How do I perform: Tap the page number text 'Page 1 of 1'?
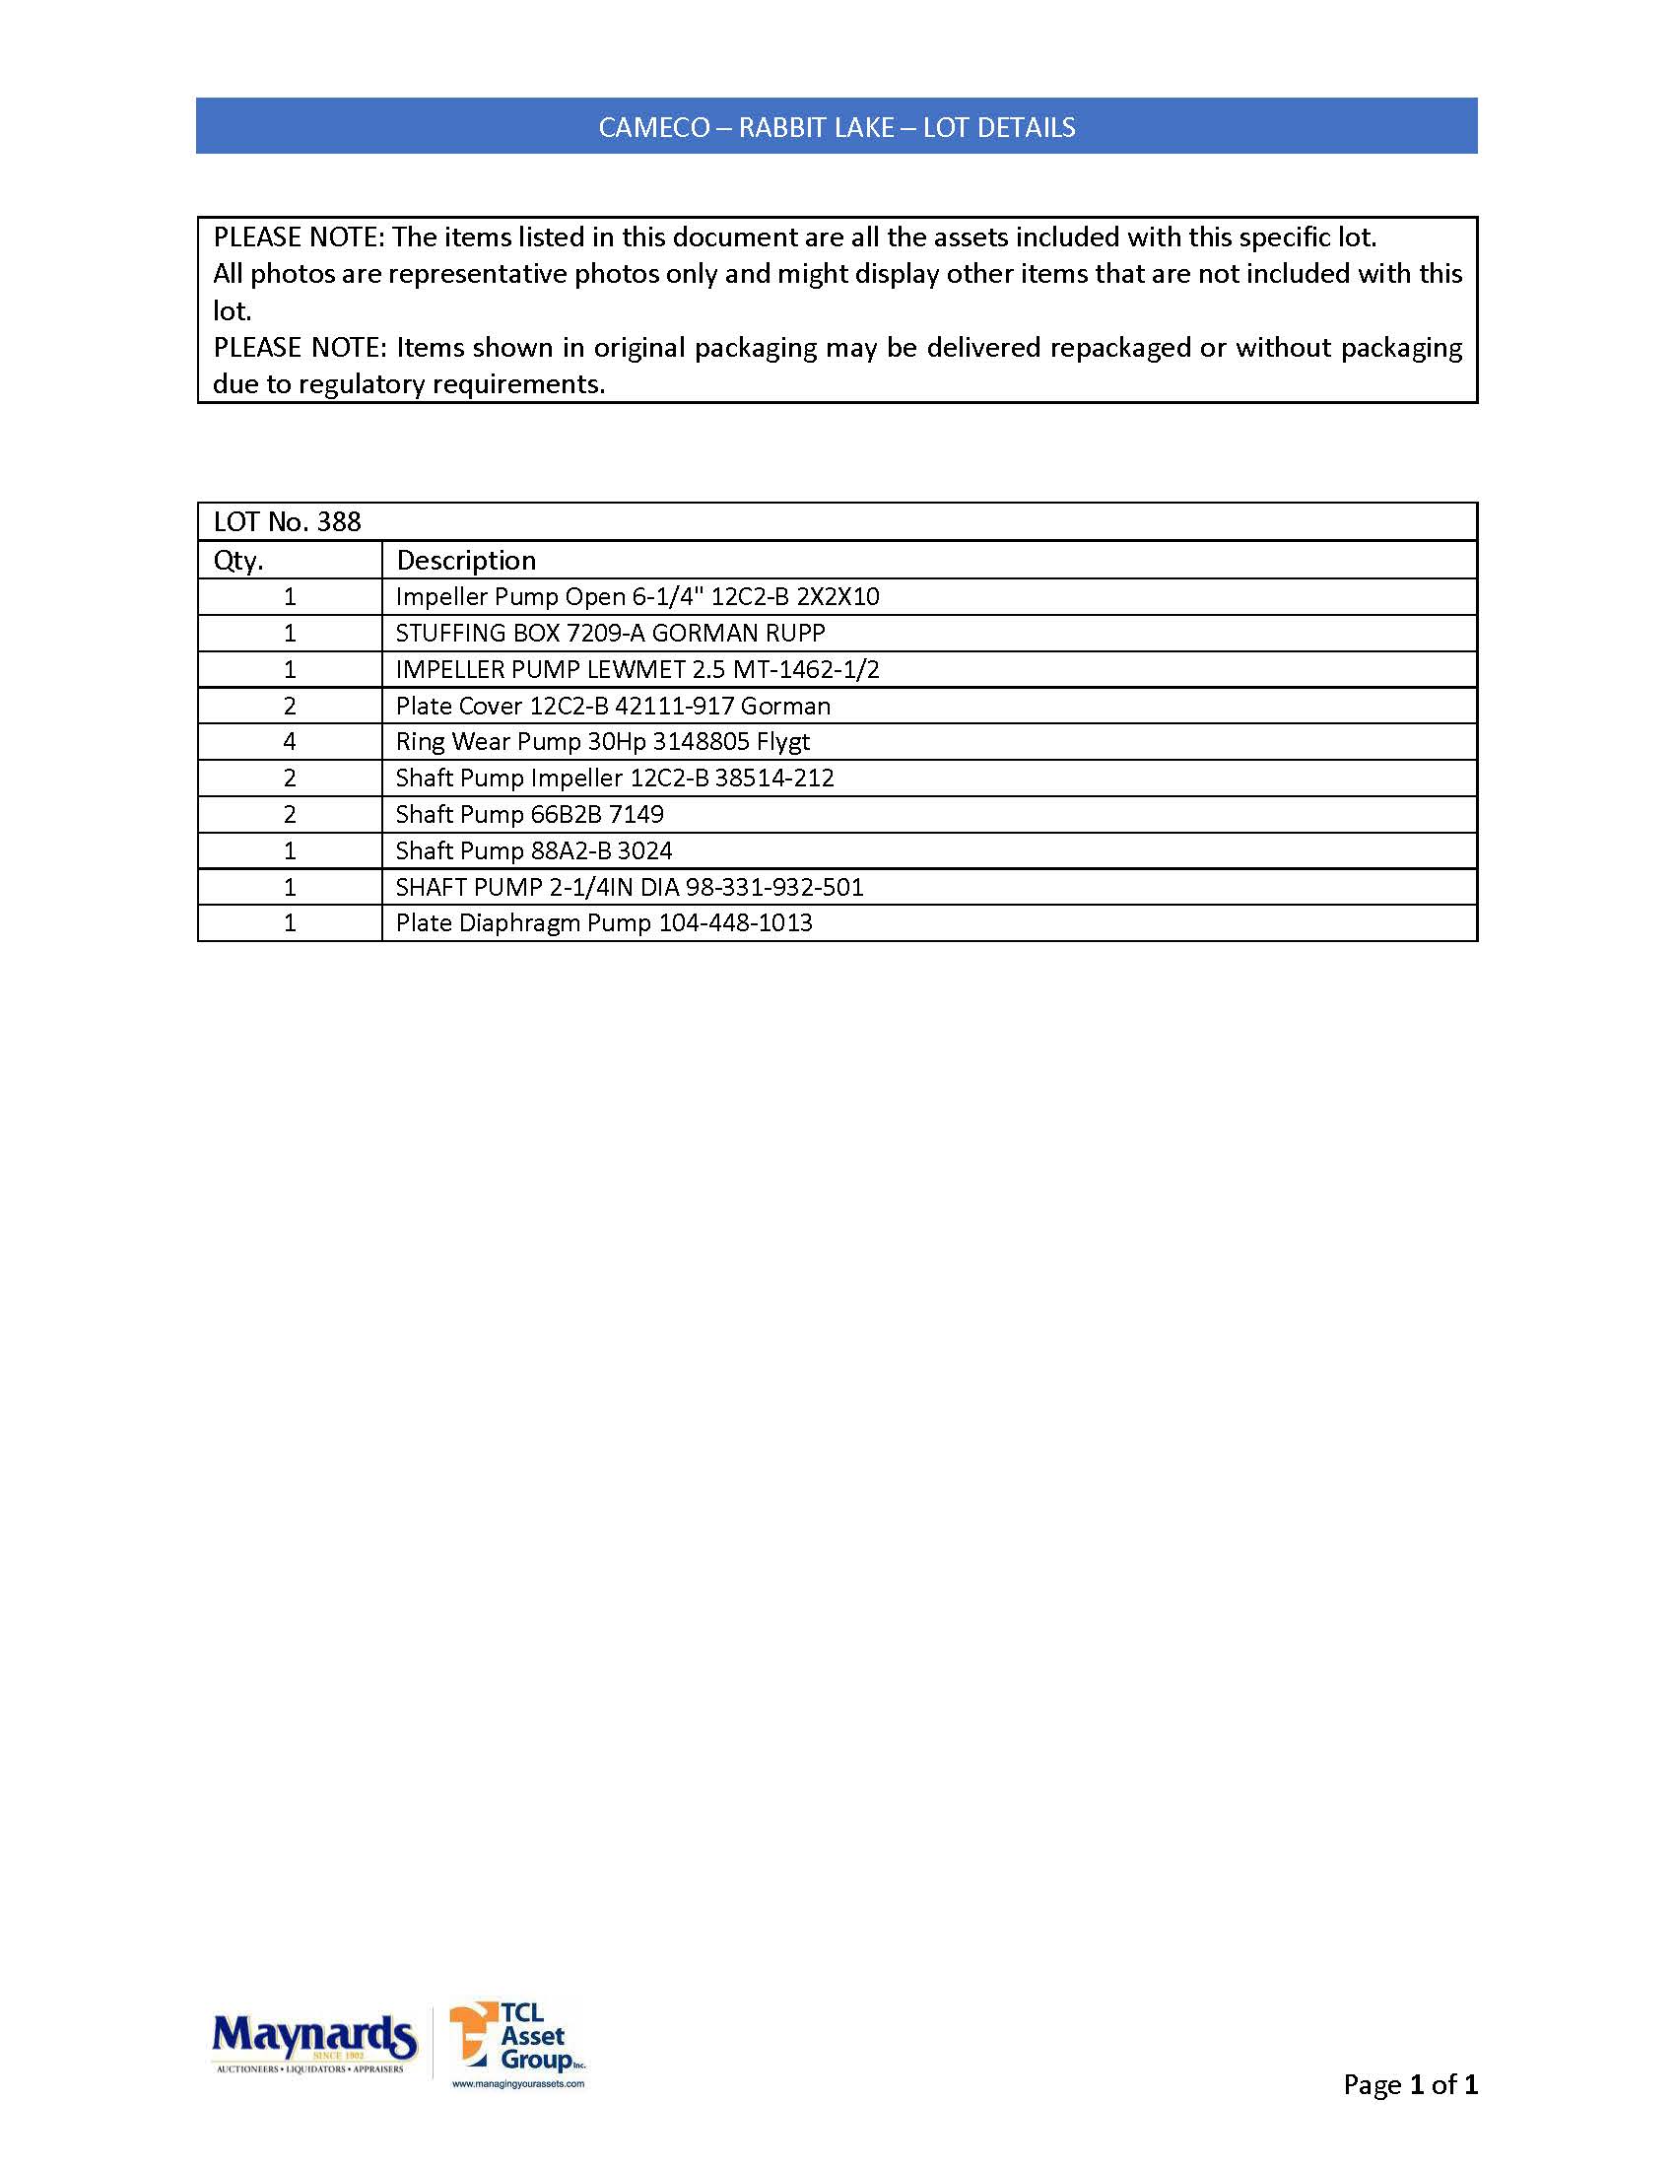coord(1409,2083)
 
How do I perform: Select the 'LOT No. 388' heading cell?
coord(288,522)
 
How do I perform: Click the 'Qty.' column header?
coord(239,560)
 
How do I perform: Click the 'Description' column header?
coord(466,560)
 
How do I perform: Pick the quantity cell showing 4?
coord(290,741)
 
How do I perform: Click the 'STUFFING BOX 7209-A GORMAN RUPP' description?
coord(610,634)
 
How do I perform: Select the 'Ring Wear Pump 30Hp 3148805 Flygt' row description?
coord(602,741)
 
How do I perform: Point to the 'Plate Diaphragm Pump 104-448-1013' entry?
coord(603,923)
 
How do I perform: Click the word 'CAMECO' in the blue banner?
coord(654,127)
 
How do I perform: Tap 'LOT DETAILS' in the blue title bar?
coord(998,127)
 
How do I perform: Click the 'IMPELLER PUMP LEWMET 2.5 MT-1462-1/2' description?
coord(637,669)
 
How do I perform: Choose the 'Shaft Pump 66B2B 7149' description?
coord(529,814)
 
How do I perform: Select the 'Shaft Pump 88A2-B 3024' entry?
coord(534,850)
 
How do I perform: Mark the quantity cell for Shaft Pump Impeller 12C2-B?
coord(290,779)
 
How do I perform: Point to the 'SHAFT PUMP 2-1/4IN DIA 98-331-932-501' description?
coord(630,887)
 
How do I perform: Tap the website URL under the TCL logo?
coord(518,2083)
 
